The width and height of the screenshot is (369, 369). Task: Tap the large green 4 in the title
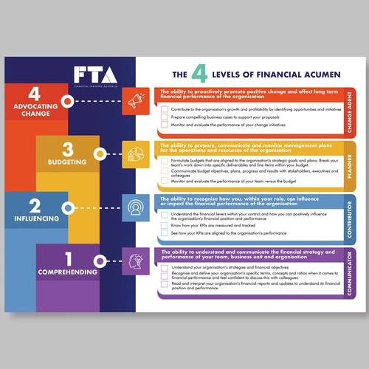click(x=198, y=75)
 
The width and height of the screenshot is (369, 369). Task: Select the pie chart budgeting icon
click(x=137, y=154)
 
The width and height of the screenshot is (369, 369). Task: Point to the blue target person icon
click(x=137, y=207)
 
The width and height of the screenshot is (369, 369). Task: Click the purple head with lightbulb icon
click(x=137, y=261)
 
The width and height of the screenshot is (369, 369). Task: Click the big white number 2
click(x=34, y=206)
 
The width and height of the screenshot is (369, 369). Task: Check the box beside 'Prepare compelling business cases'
click(x=165, y=117)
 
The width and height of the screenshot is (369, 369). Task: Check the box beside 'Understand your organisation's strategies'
click(x=165, y=267)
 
